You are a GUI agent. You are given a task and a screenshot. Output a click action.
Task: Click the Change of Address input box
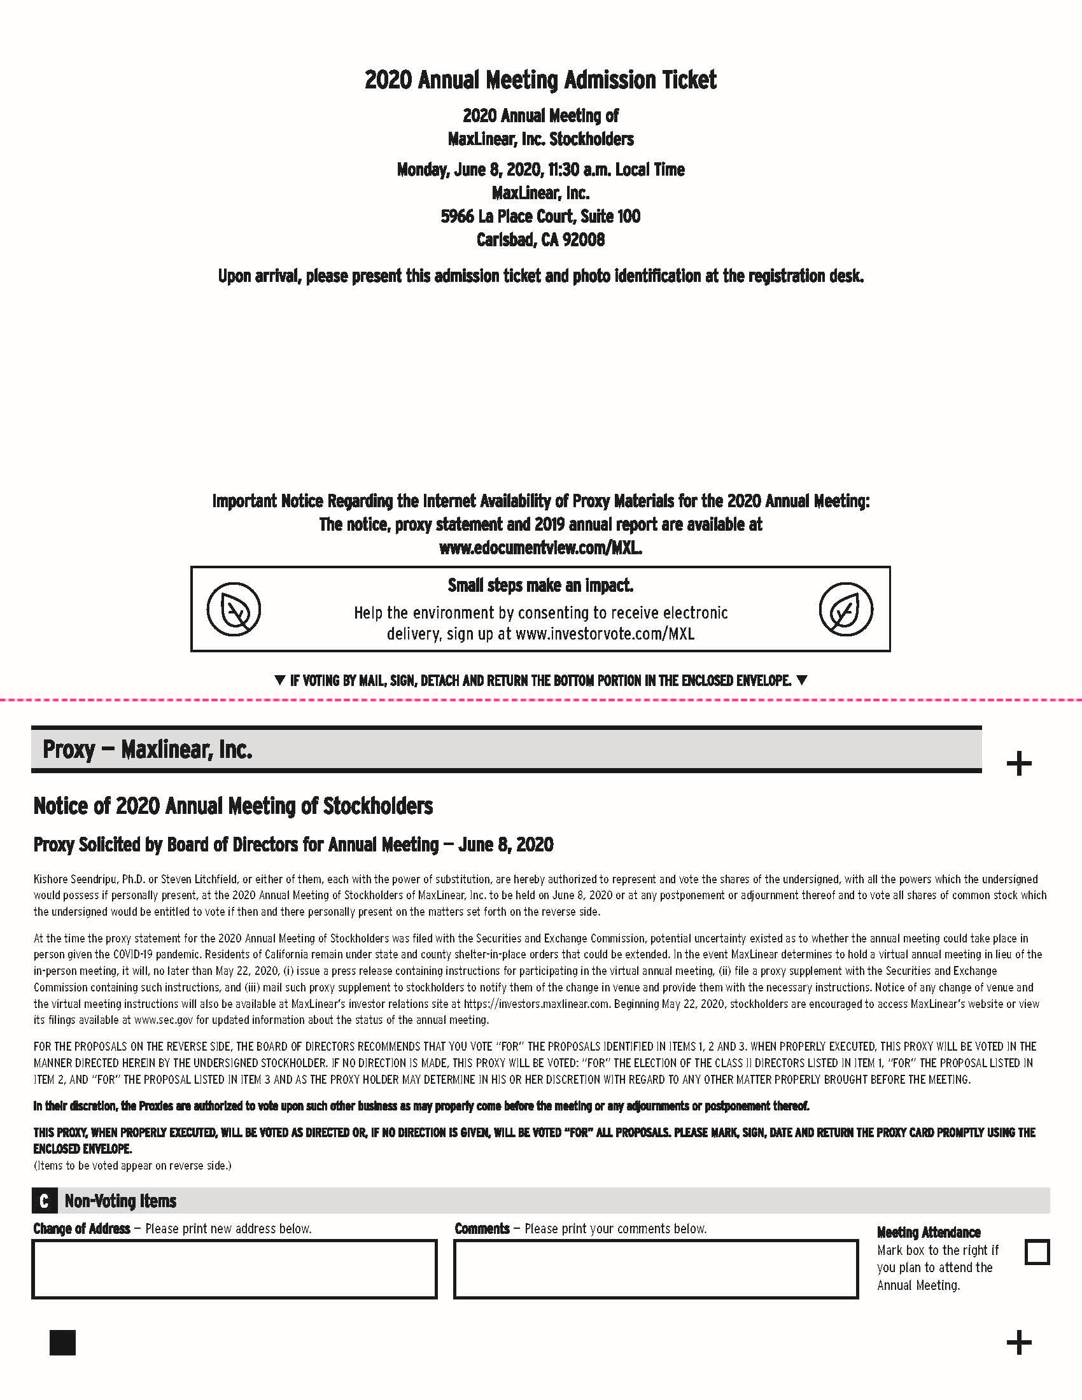[234, 1270]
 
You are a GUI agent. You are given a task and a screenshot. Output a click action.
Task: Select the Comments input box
[655, 1270]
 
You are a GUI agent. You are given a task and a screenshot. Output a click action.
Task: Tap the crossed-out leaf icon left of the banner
[234, 609]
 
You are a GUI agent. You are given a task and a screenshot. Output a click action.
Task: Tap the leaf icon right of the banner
[845, 609]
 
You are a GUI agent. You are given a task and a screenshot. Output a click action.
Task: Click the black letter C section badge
[43, 1201]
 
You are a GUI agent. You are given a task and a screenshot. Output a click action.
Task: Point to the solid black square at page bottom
[62, 1342]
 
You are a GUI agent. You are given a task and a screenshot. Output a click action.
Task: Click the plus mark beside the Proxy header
[1018, 764]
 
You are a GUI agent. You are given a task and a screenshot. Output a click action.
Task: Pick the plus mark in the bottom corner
[1018, 1342]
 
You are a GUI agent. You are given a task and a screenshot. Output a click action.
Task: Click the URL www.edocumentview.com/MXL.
[540, 548]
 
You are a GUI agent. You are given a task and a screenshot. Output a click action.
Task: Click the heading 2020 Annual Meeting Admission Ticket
[540, 80]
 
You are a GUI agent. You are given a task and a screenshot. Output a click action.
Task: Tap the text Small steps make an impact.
[540, 585]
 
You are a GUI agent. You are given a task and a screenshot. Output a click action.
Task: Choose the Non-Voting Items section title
[120, 1201]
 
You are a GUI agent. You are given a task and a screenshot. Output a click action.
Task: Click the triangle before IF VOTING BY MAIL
[279, 680]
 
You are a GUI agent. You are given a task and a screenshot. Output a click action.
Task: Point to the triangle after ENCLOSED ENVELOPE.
[801, 680]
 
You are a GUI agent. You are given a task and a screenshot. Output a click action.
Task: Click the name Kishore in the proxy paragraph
[50, 879]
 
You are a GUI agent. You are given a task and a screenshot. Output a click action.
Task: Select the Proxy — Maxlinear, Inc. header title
[148, 750]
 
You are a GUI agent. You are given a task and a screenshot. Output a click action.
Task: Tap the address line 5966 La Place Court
[540, 216]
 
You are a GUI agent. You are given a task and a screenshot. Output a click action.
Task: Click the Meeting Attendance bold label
[928, 1232]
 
